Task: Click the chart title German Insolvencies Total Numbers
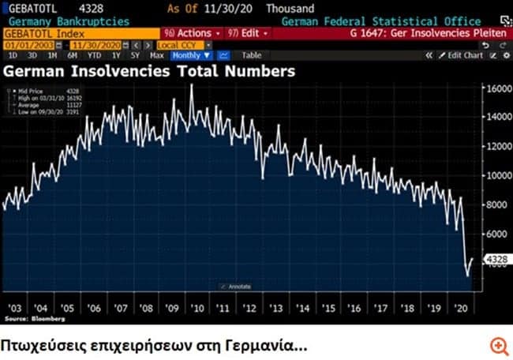150,71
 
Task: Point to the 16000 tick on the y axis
496,88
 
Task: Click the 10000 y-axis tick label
496,175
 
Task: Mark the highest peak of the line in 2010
191,85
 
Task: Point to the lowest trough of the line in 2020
466,276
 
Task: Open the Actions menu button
189,33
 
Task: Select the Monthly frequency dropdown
191,55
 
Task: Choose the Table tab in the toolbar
252,55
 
